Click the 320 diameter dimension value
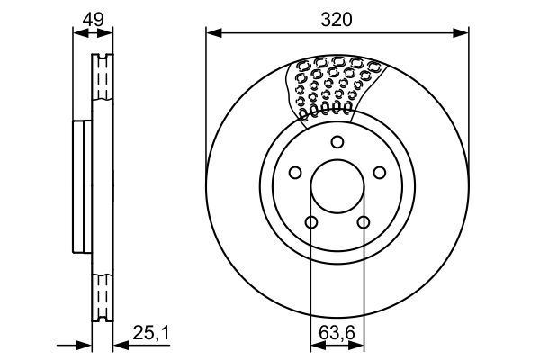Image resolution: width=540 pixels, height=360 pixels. pyautogui.click(x=337, y=18)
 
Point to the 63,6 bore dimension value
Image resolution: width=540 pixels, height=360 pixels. pyautogui.click(x=337, y=332)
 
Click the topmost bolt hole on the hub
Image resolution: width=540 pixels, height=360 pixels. pyautogui.click(x=337, y=141)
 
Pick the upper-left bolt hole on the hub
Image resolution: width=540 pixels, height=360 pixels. pyautogui.click(x=294, y=174)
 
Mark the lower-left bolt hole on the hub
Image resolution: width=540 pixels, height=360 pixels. pyautogui.click(x=311, y=223)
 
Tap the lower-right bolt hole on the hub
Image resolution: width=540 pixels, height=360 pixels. pyautogui.click(x=364, y=223)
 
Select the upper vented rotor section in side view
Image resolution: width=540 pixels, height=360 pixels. pyautogui.click(x=102, y=85)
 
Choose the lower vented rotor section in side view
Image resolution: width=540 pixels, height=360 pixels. pyautogui.click(x=102, y=292)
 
